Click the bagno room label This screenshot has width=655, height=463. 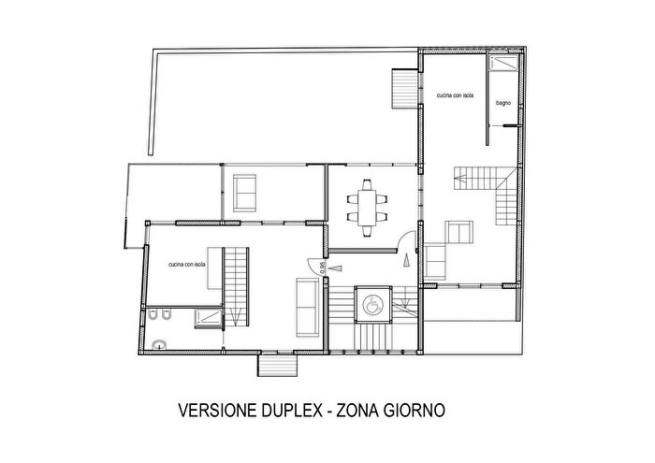tap(502, 103)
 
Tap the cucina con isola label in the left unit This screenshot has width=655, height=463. tap(187, 265)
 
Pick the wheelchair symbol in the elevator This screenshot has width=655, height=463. tap(373, 303)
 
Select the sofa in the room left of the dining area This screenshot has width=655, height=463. tap(246, 192)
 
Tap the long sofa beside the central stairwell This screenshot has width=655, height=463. tap(306, 306)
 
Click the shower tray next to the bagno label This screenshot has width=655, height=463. tap(502, 65)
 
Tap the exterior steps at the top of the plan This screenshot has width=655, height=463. tap(401, 90)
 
